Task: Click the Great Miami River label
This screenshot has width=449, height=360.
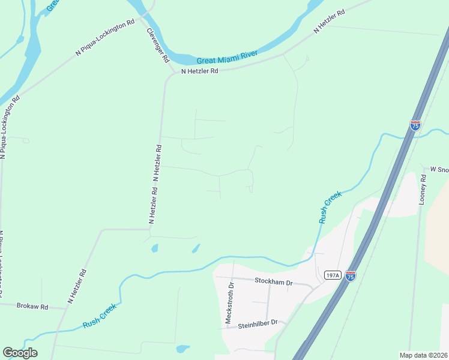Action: click(228, 58)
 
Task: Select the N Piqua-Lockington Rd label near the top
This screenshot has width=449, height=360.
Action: click(105, 38)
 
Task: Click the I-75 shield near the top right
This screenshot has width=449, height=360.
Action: click(415, 125)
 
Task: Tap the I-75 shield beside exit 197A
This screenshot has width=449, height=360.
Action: click(351, 276)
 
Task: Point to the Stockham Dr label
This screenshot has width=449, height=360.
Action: click(273, 281)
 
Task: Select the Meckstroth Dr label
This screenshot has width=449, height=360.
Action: click(228, 303)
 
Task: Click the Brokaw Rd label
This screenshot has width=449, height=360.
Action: click(32, 306)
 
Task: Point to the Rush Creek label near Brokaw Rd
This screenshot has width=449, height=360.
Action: click(99, 315)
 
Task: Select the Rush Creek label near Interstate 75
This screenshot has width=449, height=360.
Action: click(330, 207)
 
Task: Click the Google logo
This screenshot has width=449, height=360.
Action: click(20, 353)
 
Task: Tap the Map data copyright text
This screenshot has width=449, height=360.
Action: click(423, 355)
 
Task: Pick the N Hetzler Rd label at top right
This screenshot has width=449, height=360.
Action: click(330, 22)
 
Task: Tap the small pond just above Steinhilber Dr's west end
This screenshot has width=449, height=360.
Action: click(182, 349)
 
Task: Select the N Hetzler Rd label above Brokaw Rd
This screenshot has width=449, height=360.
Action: click(77, 287)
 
